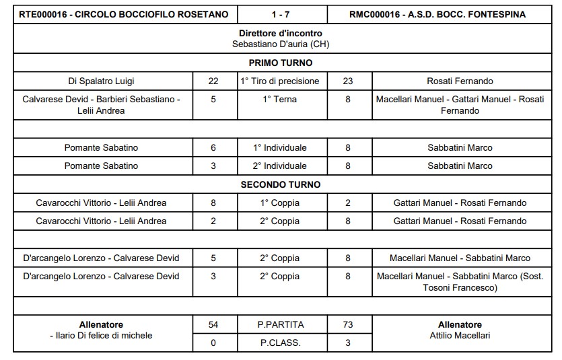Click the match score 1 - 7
[281, 14]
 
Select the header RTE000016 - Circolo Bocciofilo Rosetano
[124, 14]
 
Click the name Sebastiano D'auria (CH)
[281, 44]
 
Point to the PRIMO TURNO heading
[281, 63]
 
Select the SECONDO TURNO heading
[281, 184]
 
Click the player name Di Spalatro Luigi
[102, 81]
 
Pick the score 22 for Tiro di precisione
[213, 81]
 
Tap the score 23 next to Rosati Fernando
[348, 81]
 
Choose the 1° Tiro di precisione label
[281, 81]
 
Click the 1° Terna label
[281, 99]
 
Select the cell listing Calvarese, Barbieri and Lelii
[102, 105]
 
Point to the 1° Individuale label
[281, 147]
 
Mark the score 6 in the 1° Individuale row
[213, 147]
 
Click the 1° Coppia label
[281, 203]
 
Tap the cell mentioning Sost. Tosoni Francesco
[460, 282]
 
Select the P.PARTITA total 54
[213, 324]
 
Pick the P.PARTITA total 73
[348, 324]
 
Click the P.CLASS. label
[281, 342]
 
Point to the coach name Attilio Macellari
[460, 335]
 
